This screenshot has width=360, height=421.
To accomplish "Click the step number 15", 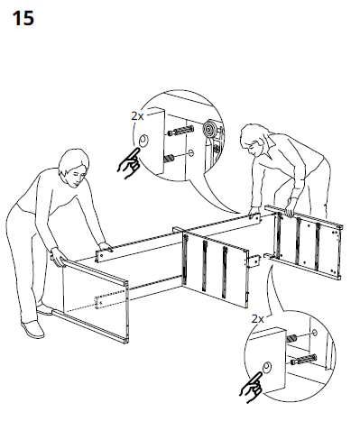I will (23, 19).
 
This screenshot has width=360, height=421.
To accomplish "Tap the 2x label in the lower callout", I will (257, 319).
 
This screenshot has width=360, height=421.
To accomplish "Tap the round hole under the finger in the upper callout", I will (144, 140).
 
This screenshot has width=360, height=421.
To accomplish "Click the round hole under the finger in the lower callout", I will (269, 364).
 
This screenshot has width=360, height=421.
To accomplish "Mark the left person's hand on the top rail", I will (106, 246).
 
